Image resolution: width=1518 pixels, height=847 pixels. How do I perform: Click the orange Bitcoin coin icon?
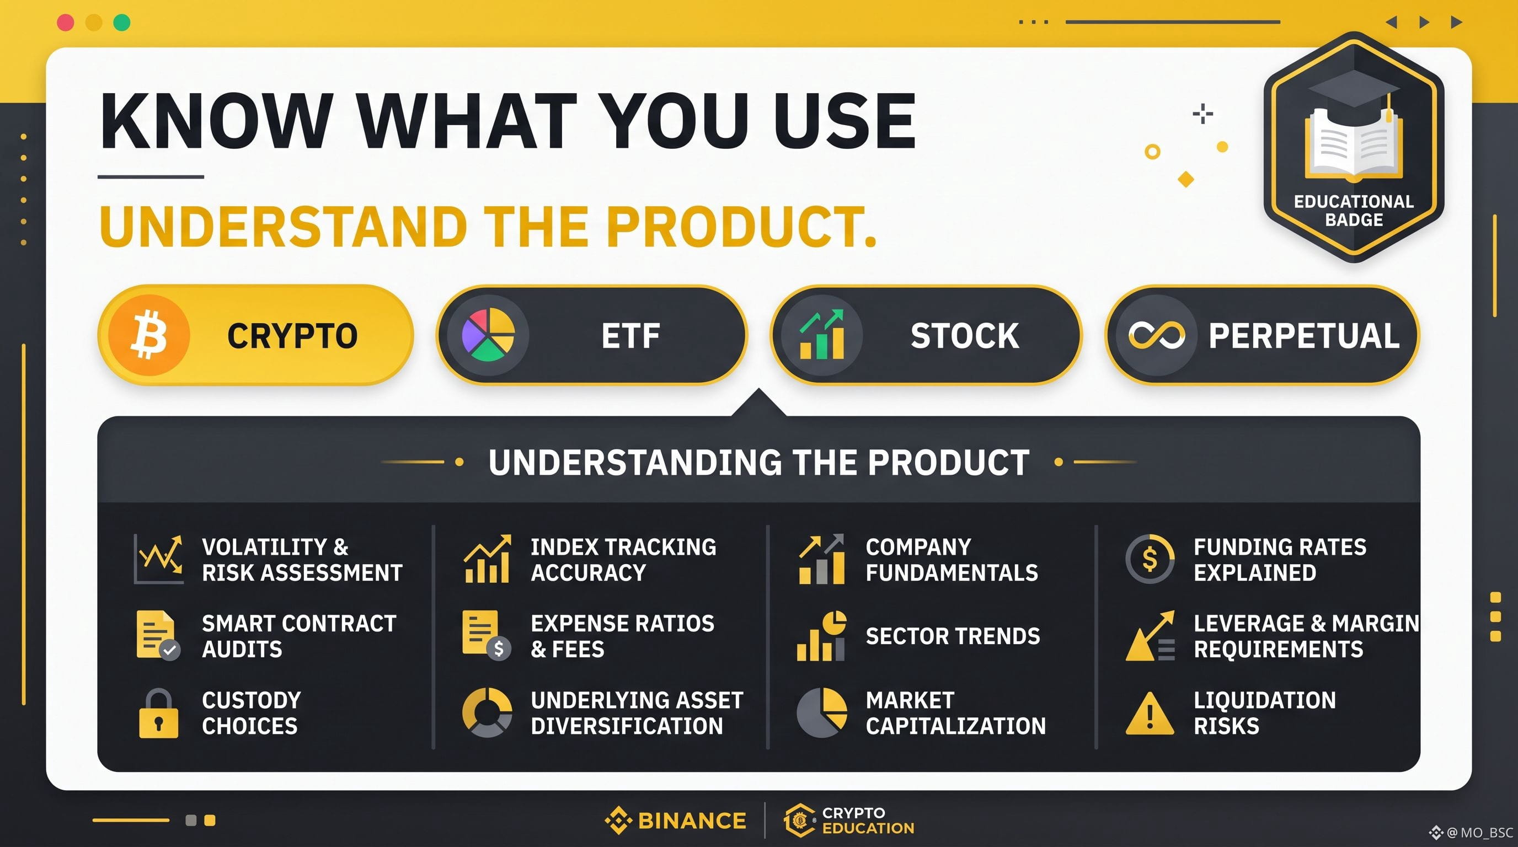coord(149,335)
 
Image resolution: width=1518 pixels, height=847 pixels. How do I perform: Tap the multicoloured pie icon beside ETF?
coord(488,335)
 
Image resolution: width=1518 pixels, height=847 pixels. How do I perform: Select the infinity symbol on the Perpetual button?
coord(1156,335)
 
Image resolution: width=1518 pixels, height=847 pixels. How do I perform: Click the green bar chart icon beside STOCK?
coord(821,335)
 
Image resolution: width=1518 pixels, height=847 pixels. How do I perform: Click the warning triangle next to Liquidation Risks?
coord(1149,714)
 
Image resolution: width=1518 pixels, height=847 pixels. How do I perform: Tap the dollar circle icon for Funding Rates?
coord(1150,559)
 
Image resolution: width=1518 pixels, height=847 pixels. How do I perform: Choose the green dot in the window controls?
coord(122,23)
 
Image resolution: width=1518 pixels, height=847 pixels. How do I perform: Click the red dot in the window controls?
coord(66,23)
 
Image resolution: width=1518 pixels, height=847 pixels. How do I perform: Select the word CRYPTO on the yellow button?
coord(292,336)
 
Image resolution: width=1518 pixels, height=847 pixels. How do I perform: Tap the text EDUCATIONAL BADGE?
coord(1354,210)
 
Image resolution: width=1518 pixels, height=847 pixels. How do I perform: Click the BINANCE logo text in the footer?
coord(692,821)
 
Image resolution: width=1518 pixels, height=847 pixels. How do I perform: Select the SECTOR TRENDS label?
coord(952,636)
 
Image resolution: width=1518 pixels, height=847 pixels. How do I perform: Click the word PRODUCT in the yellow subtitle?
coord(741,227)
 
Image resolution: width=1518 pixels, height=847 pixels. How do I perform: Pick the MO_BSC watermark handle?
coord(1486,832)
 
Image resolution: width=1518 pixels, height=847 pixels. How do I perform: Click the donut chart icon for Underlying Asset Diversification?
coord(487,712)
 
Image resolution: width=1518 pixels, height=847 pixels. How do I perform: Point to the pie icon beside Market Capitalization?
coord(821,712)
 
